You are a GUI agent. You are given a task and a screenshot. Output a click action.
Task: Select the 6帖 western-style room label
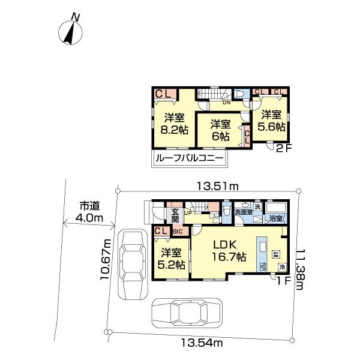[220, 130]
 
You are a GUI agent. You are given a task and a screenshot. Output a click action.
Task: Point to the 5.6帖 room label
[271, 120]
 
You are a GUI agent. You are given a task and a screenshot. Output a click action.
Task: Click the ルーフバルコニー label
[189, 159]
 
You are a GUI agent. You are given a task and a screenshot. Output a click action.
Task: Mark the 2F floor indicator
[283, 149]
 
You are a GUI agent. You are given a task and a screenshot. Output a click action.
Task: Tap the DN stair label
[226, 103]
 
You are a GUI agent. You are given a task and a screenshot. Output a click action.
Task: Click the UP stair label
[187, 213]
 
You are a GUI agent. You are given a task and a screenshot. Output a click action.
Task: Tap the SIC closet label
[177, 231]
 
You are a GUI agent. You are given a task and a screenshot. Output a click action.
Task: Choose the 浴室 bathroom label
[276, 219]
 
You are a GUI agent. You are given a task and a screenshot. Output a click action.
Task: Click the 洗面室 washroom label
[242, 212]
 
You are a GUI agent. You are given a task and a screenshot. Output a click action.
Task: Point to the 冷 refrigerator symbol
[281, 266]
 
